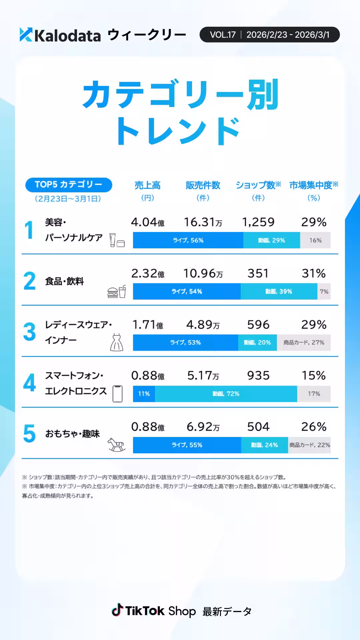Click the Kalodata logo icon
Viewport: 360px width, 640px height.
26,35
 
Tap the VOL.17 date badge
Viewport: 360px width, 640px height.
269,35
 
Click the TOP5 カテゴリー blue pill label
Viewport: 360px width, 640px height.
69,185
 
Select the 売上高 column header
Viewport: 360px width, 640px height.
147,185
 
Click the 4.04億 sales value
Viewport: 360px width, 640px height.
147,222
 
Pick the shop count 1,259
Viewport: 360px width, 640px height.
258,222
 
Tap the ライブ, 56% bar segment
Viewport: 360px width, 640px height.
188,240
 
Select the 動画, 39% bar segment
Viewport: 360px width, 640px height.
279,291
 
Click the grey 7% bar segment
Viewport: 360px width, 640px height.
324,291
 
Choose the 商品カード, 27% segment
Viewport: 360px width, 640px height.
304,343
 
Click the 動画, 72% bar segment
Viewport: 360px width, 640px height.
226,394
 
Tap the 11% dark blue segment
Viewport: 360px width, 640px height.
144,394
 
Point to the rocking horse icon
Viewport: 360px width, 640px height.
116,445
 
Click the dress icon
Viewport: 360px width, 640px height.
117,342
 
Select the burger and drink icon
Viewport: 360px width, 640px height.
117,292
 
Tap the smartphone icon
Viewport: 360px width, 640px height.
117,394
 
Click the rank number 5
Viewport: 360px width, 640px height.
29,433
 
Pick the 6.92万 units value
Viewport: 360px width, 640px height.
203,427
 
